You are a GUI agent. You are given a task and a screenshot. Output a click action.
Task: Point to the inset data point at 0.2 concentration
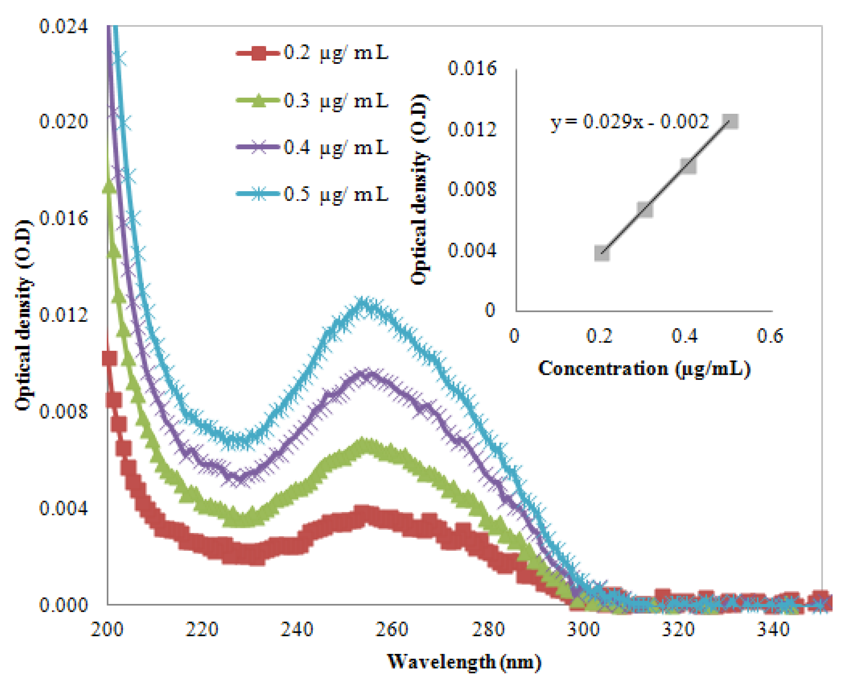click(x=602, y=254)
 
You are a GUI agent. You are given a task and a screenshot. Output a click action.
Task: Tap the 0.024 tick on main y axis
click(x=63, y=27)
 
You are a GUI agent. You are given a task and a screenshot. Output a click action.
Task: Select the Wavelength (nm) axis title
click(x=464, y=662)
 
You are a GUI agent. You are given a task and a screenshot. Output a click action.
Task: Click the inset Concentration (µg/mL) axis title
click(x=644, y=369)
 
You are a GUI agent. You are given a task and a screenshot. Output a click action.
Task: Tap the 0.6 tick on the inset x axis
click(x=770, y=336)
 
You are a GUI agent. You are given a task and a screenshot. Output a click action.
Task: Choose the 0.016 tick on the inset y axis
click(x=472, y=68)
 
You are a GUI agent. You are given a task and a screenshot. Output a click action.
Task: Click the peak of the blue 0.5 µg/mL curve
click(x=365, y=303)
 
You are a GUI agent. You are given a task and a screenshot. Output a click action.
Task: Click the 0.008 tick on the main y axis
click(x=63, y=411)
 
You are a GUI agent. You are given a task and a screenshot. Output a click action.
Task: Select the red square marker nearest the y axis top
click(x=109, y=358)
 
